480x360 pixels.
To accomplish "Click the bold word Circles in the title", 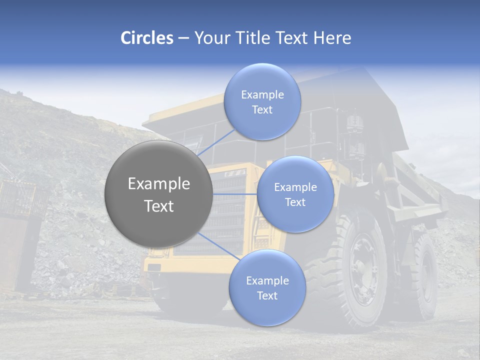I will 147,38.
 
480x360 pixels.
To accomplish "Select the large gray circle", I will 159,194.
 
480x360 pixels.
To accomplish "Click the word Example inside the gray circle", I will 159,184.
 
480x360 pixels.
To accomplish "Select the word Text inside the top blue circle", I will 262,110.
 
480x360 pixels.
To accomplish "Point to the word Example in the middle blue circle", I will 295,187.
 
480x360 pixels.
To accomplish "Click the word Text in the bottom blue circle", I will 267,296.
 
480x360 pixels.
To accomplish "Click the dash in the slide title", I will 183,38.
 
